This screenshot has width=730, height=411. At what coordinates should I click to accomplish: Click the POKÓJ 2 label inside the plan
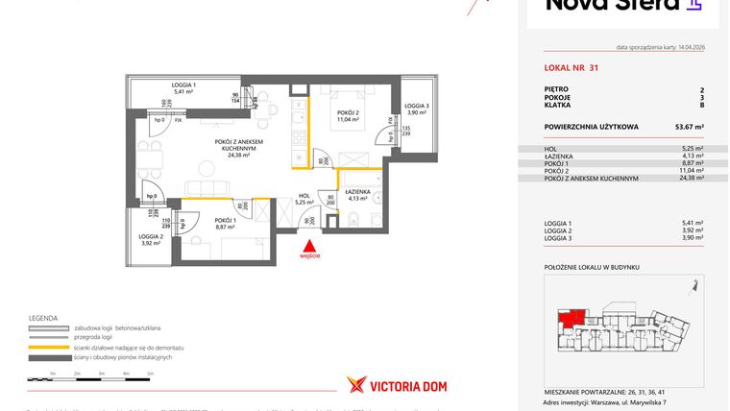[348, 112]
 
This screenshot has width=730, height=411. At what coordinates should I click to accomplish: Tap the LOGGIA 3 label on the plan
[416, 106]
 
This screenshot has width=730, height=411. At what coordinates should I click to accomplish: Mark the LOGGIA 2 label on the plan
[149, 236]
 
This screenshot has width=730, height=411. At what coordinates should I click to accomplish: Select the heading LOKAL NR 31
[571, 67]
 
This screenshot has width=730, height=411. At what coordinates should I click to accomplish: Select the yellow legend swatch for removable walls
[57, 348]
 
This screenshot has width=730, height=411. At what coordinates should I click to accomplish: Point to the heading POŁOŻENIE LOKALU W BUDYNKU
[591, 268]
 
